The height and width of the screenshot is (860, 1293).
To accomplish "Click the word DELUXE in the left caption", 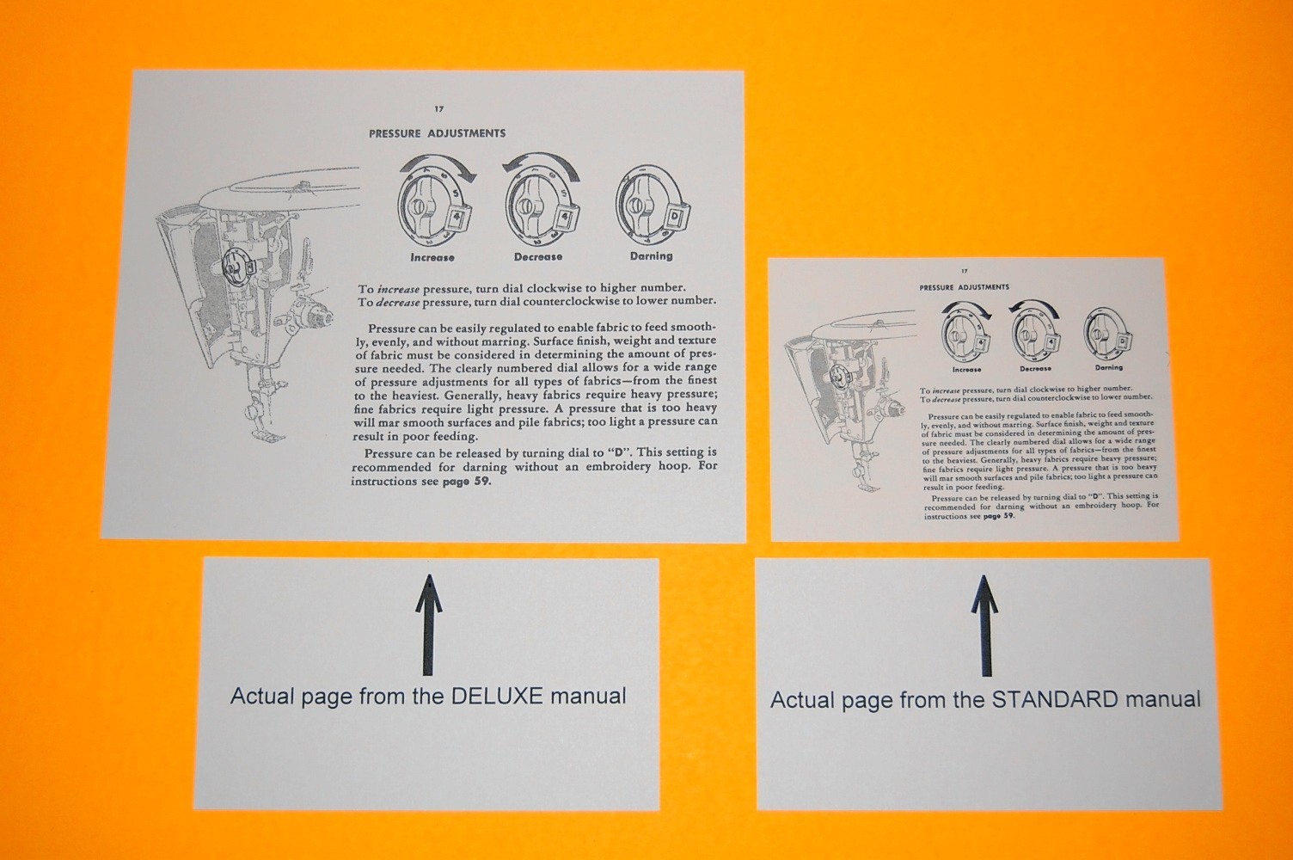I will pyautogui.click(x=494, y=696).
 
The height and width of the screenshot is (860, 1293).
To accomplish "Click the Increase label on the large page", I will pyautogui.click(x=432, y=257).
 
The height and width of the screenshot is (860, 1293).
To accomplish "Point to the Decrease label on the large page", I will pyautogui.click(x=538, y=257).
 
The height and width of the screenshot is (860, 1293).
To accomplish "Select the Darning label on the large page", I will pyautogui.click(x=651, y=256).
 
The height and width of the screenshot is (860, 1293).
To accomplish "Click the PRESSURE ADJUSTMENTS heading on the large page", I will pyautogui.click(x=437, y=133).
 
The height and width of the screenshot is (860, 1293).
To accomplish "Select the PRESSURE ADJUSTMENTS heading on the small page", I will pyautogui.click(x=964, y=287).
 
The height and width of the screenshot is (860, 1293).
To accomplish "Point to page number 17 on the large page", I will pyautogui.click(x=438, y=109).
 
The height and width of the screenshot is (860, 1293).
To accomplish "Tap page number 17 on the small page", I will pyautogui.click(x=965, y=271).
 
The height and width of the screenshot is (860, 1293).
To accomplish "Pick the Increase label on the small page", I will pyautogui.click(x=966, y=370).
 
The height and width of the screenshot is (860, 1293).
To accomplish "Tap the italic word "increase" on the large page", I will pyautogui.click(x=398, y=290).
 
